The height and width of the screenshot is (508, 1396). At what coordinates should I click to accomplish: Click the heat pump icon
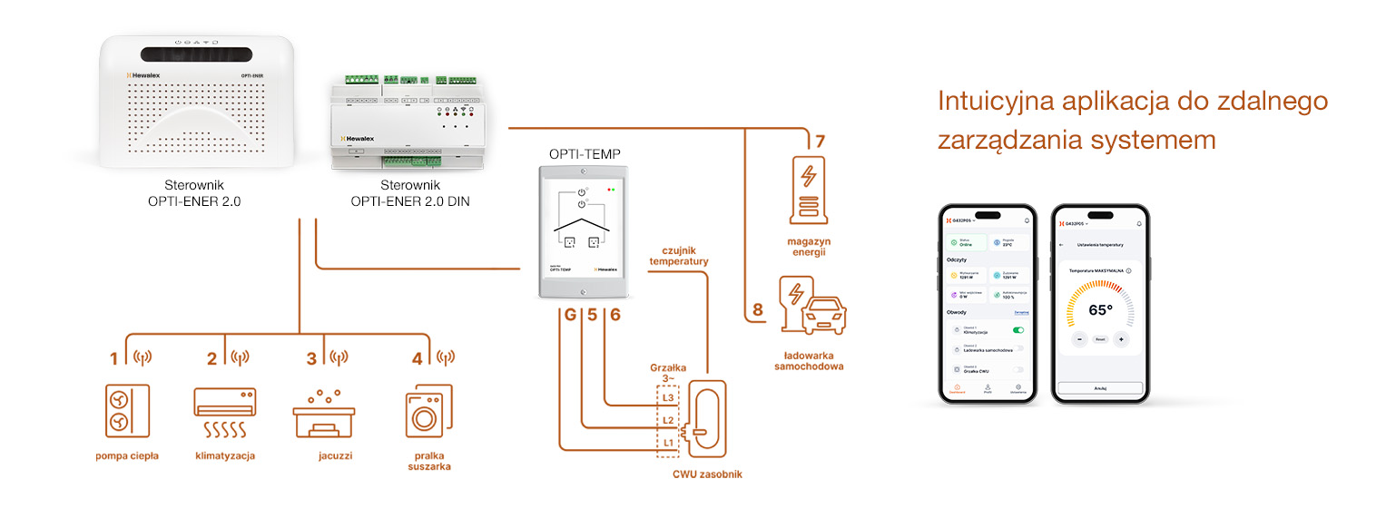coord(123,411)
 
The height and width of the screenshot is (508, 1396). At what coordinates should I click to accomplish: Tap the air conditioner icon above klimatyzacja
coord(224,413)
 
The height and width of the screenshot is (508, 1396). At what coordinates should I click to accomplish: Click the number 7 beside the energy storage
coord(820,142)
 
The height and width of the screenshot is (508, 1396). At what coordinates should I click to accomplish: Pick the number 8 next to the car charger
coord(758,310)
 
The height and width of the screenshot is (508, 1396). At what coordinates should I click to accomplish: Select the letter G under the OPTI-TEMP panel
coord(569,316)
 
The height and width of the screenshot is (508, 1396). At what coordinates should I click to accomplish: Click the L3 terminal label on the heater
coord(667,397)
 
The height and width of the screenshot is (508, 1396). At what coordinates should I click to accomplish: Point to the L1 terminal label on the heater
coord(667,442)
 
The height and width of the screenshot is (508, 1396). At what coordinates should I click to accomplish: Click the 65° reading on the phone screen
coord(1100,310)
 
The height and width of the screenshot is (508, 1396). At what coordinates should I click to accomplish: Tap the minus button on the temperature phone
coord(1079,339)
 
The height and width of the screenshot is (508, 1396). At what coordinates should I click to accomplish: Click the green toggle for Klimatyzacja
coord(1018,331)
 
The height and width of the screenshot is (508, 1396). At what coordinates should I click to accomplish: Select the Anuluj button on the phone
coord(1100,387)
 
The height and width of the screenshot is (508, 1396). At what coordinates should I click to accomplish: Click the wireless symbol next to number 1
coord(142,357)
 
